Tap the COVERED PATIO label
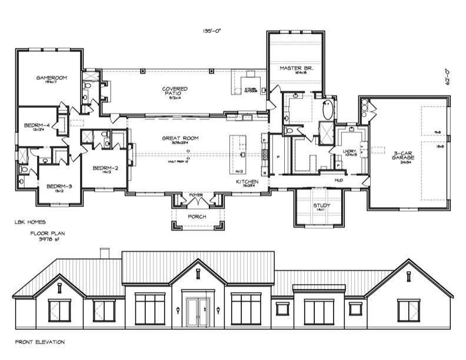pyautogui.click(x=175, y=91)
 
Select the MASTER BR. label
pyautogui.click(x=296, y=68)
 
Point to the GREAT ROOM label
pyautogui.click(x=180, y=138)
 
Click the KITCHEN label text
pyautogui.click(x=247, y=182)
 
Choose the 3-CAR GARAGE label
pyautogui.click(x=405, y=155)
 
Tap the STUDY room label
pyautogui.click(x=321, y=205)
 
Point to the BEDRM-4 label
pyautogui.click(x=37, y=125)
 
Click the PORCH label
pyautogui.click(x=197, y=216)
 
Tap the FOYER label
pyautogui.click(x=196, y=195)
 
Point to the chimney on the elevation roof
pyautogui.click(x=105, y=253)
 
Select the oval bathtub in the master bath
pyautogui.click(x=328, y=109)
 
